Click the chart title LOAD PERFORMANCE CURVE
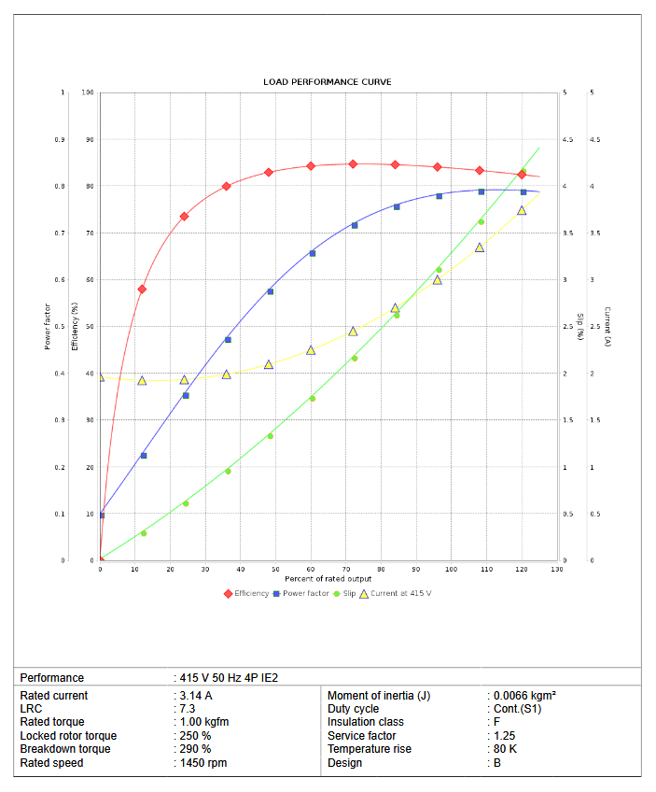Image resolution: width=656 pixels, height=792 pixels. point(327,82)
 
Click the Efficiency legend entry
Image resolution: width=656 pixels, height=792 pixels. point(246,594)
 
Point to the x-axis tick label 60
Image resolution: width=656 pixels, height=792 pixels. point(311,570)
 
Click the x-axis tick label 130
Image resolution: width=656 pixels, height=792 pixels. point(556,570)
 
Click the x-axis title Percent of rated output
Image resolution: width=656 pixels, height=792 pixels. point(328,579)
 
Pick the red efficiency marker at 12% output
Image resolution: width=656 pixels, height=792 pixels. point(142,290)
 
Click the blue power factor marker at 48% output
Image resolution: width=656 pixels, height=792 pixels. point(271,291)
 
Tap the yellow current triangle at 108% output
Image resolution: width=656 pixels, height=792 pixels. point(480,247)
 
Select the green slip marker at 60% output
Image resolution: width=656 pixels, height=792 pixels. point(313,399)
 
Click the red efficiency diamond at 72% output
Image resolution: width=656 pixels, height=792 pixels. point(353,164)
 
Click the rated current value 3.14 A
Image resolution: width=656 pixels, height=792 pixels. point(195,696)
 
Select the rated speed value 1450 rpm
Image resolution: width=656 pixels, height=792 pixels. point(202,763)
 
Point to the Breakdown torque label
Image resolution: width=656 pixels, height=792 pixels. point(65,749)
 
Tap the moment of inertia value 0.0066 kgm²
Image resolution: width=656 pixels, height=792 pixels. point(525,696)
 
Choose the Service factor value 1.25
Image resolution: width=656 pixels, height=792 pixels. point(505,736)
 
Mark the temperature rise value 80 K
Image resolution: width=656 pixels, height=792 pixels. point(507,749)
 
